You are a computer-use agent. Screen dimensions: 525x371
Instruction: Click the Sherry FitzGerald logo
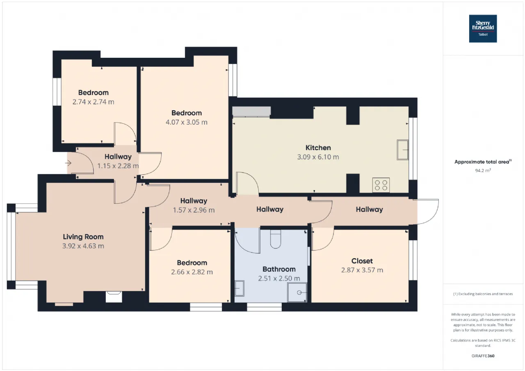click(483, 29)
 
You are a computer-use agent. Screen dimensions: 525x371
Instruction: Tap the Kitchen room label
click(318, 148)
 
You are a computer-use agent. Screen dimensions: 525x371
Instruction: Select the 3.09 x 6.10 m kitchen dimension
click(318, 157)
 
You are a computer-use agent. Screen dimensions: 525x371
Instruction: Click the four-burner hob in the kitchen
click(381, 185)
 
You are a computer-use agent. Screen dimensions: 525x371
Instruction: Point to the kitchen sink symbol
click(403, 150)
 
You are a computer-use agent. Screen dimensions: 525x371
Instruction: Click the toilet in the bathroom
click(275, 239)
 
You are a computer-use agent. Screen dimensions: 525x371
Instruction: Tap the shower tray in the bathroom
click(297, 293)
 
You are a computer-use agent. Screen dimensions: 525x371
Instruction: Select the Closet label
click(362, 261)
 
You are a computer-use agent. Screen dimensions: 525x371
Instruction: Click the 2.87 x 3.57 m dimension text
click(362, 270)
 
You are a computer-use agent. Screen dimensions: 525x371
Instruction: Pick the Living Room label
click(83, 237)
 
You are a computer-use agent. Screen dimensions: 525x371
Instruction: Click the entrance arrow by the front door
click(68, 163)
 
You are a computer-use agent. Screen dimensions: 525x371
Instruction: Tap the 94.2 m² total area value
click(483, 171)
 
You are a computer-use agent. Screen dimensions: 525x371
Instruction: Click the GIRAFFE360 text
click(483, 356)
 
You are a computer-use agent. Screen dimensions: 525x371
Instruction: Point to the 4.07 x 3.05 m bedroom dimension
click(187, 122)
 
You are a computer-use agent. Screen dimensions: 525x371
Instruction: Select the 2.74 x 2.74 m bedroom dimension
click(93, 102)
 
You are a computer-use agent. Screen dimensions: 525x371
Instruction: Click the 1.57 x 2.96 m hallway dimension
click(194, 210)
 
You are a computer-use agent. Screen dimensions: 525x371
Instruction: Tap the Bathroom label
click(279, 269)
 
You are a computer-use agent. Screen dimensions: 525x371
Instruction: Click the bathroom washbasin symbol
click(240, 288)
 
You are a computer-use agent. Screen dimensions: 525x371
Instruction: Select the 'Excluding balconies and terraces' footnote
click(483, 294)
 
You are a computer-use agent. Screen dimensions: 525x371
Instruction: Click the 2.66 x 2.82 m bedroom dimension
click(192, 272)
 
